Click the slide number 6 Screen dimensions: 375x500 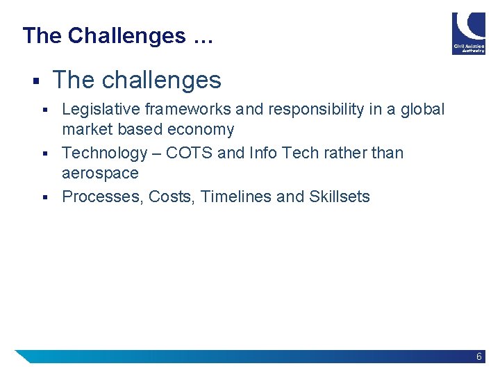(479, 356)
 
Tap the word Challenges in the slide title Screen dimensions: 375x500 (127, 35)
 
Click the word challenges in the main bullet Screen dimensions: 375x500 (161, 81)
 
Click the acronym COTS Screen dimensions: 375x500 (188, 153)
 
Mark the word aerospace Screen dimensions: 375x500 (100, 173)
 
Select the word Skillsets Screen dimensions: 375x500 (340, 197)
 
